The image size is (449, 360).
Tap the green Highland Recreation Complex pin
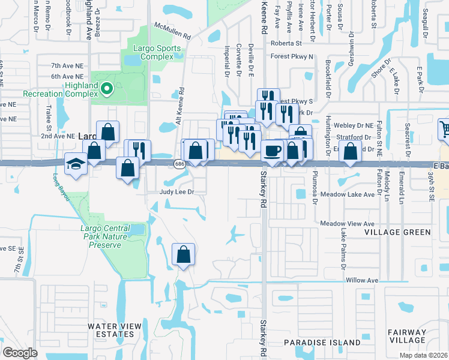[x=107, y=89]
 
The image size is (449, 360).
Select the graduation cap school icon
[x=76, y=163]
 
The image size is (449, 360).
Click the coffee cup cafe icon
[x=272, y=151]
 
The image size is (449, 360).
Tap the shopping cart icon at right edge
[x=444, y=128]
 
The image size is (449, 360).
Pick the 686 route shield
[x=179, y=163]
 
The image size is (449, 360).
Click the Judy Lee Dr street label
[x=177, y=193]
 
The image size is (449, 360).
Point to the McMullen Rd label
[x=172, y=32]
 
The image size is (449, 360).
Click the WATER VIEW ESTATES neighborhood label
[x=115, y=331]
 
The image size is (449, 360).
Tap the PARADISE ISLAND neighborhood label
[x=322, y=343]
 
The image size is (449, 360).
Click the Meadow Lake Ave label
[x=348, y=194]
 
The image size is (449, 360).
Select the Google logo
[x=20, y=352]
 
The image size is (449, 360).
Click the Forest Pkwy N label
[x=292, y=57]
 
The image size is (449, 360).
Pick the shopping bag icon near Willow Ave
[x=183, y=254]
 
